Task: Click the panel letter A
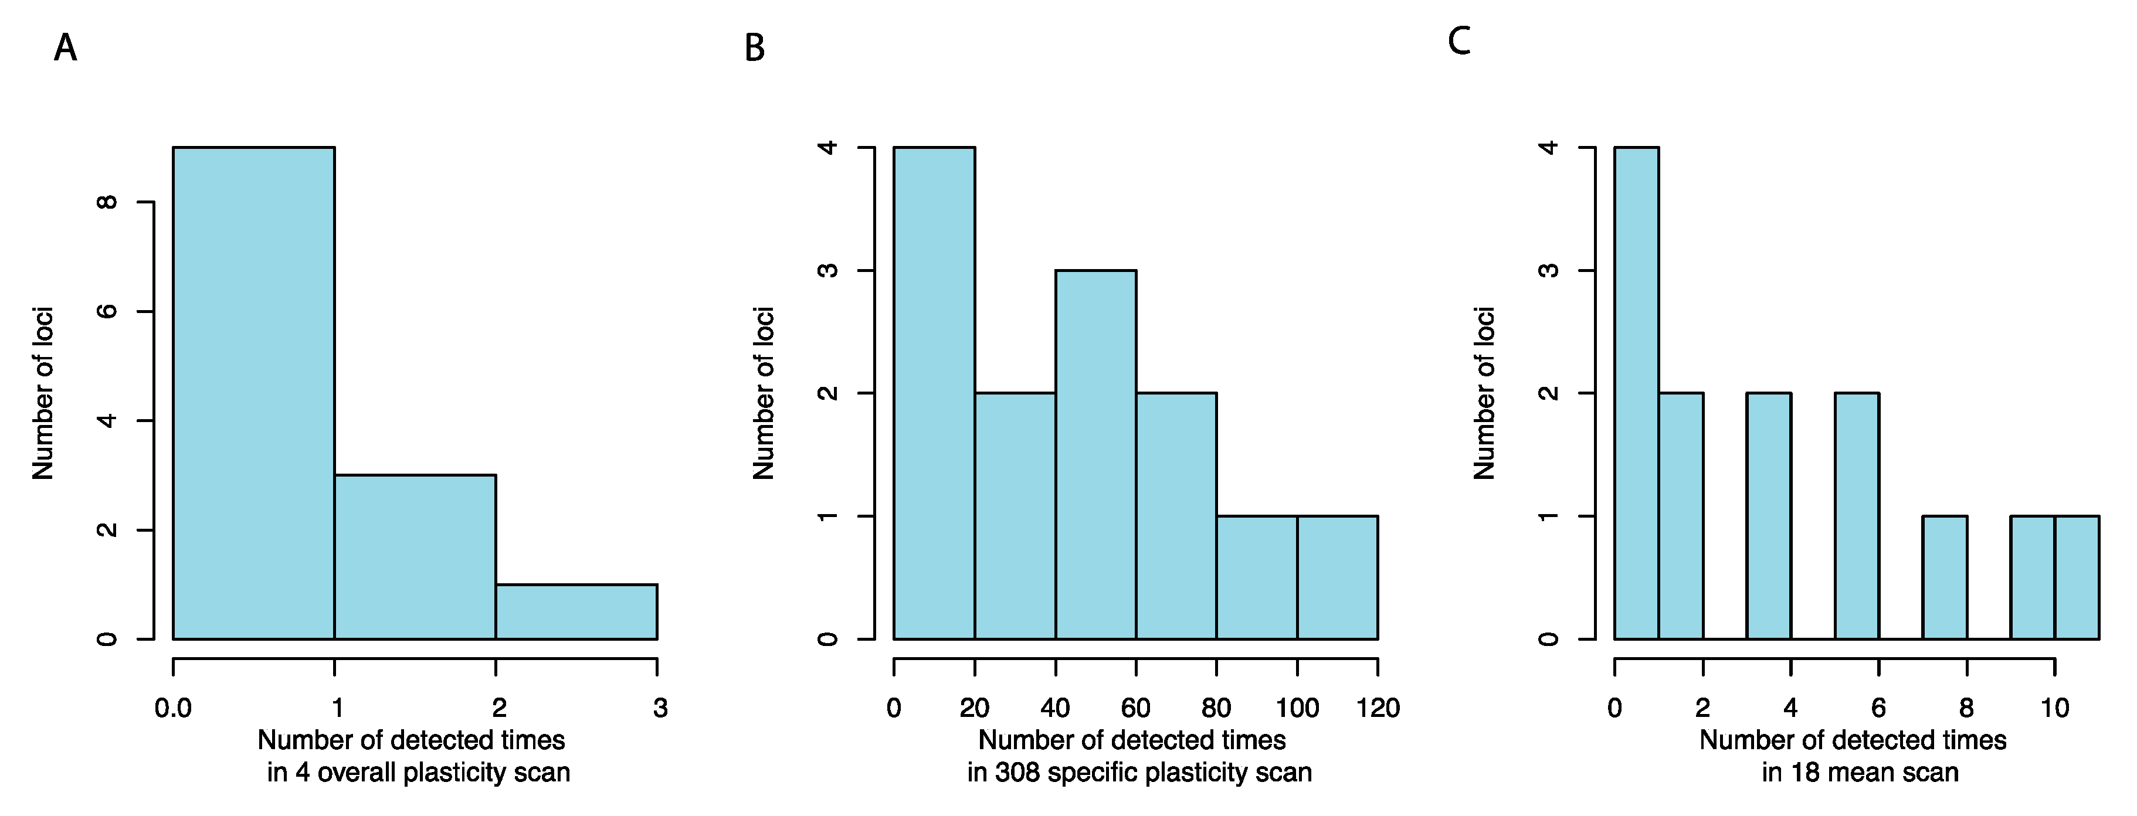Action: [66, 48]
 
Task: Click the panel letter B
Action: [754, 48]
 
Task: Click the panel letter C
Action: [1458, 40]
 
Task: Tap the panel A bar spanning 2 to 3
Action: [576, 612]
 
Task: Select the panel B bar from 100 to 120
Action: [1337, 577]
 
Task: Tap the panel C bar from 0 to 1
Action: [1636, 393]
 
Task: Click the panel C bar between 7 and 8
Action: [1945, 577]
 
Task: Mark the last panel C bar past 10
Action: [2077, 577]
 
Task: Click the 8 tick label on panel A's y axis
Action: [107, 202]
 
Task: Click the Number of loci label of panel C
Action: [1484, 393]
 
